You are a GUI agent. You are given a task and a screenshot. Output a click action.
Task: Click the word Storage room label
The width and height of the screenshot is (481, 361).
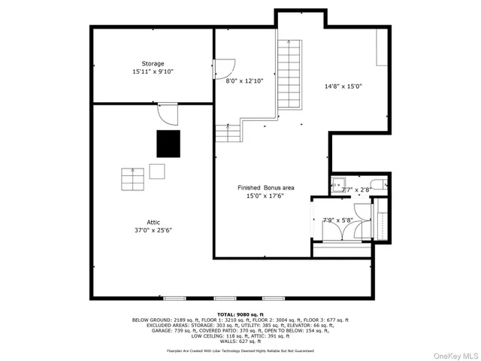point(153,64)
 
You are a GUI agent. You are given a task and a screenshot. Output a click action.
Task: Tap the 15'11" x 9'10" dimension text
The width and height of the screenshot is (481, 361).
point(153,72)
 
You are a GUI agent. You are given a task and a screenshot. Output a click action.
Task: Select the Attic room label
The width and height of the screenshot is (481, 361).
point(153,222)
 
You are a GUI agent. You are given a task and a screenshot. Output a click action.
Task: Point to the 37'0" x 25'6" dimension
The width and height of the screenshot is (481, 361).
point(153,230)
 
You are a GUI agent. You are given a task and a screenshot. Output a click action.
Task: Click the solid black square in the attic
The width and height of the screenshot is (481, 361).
point(168,143)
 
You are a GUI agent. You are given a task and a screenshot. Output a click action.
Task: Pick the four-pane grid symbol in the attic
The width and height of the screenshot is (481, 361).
point(132,180)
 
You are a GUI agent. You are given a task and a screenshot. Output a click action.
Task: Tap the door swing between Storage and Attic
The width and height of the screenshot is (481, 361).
point(168,114)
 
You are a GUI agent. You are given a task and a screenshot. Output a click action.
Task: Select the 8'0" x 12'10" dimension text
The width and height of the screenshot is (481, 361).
point(246,80)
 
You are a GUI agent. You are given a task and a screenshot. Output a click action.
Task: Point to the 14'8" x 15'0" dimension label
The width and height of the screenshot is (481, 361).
point(343,86)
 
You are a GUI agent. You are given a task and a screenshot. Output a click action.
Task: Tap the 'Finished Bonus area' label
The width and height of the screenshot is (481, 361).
point(265,187)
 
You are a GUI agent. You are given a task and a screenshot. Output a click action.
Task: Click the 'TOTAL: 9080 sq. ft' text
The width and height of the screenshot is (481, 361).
point(240,314)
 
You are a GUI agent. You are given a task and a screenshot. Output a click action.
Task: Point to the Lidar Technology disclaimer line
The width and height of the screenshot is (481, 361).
point(240,350)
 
